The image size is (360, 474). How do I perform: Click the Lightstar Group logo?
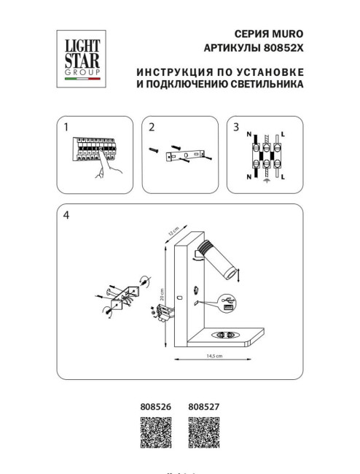click(80, 56)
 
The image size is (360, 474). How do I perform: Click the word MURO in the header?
click(285, 34)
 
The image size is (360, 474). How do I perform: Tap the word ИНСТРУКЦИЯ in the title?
click(169, 71)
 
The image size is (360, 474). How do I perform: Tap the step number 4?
click(66, 215)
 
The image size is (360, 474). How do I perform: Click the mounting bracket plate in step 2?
click(189, 155)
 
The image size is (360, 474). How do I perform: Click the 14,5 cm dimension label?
click(214, 355)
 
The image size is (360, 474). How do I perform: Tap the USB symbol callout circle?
click(225, 300)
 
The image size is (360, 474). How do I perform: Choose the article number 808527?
click(204, 409)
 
